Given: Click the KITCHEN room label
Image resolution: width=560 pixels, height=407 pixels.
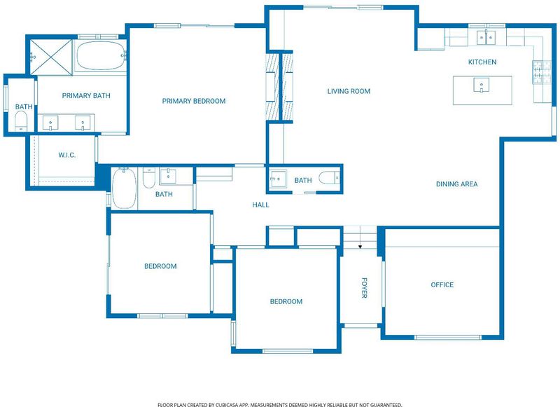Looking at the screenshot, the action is (x=482, y=62).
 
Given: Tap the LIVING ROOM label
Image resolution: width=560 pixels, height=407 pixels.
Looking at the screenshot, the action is (x=349, y=91).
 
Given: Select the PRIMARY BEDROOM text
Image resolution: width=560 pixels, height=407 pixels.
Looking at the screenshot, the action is (x=194, y=101).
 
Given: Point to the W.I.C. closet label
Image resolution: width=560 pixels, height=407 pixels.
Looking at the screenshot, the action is (x=66, y=155).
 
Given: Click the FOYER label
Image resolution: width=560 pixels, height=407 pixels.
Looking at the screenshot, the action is (x=364, y=288).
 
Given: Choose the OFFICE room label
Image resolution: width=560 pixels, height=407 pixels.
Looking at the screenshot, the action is (x=442, y=285).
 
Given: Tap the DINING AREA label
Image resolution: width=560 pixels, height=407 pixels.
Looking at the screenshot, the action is (x=457, y=184).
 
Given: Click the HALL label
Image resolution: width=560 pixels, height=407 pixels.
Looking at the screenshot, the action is (x=260, y=205).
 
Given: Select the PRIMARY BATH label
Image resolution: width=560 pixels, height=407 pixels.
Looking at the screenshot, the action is (x=86, y=96).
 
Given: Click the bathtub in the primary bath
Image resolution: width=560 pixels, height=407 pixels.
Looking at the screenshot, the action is (x=100, y=55).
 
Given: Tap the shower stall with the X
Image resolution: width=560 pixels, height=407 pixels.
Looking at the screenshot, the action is (x=51, y=57).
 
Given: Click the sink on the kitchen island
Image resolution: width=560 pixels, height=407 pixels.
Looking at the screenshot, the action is (x=482, y=85).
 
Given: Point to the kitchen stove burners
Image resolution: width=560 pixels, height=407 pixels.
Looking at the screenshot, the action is (x=542, y=72).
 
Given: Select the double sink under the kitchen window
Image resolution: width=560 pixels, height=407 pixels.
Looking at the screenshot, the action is (x=486, y=38).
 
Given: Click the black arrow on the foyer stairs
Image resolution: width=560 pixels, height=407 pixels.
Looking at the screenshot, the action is (x=360, y=247).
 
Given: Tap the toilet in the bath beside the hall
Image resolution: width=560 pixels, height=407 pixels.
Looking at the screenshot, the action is (x=328, y=178).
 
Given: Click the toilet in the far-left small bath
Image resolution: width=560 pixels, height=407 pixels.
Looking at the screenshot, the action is (x=22, y=120).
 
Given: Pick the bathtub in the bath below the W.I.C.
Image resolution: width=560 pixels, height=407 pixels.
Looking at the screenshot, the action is (x=125, y=188).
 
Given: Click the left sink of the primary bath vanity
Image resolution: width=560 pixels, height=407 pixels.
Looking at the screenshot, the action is (x=50, y=123).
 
